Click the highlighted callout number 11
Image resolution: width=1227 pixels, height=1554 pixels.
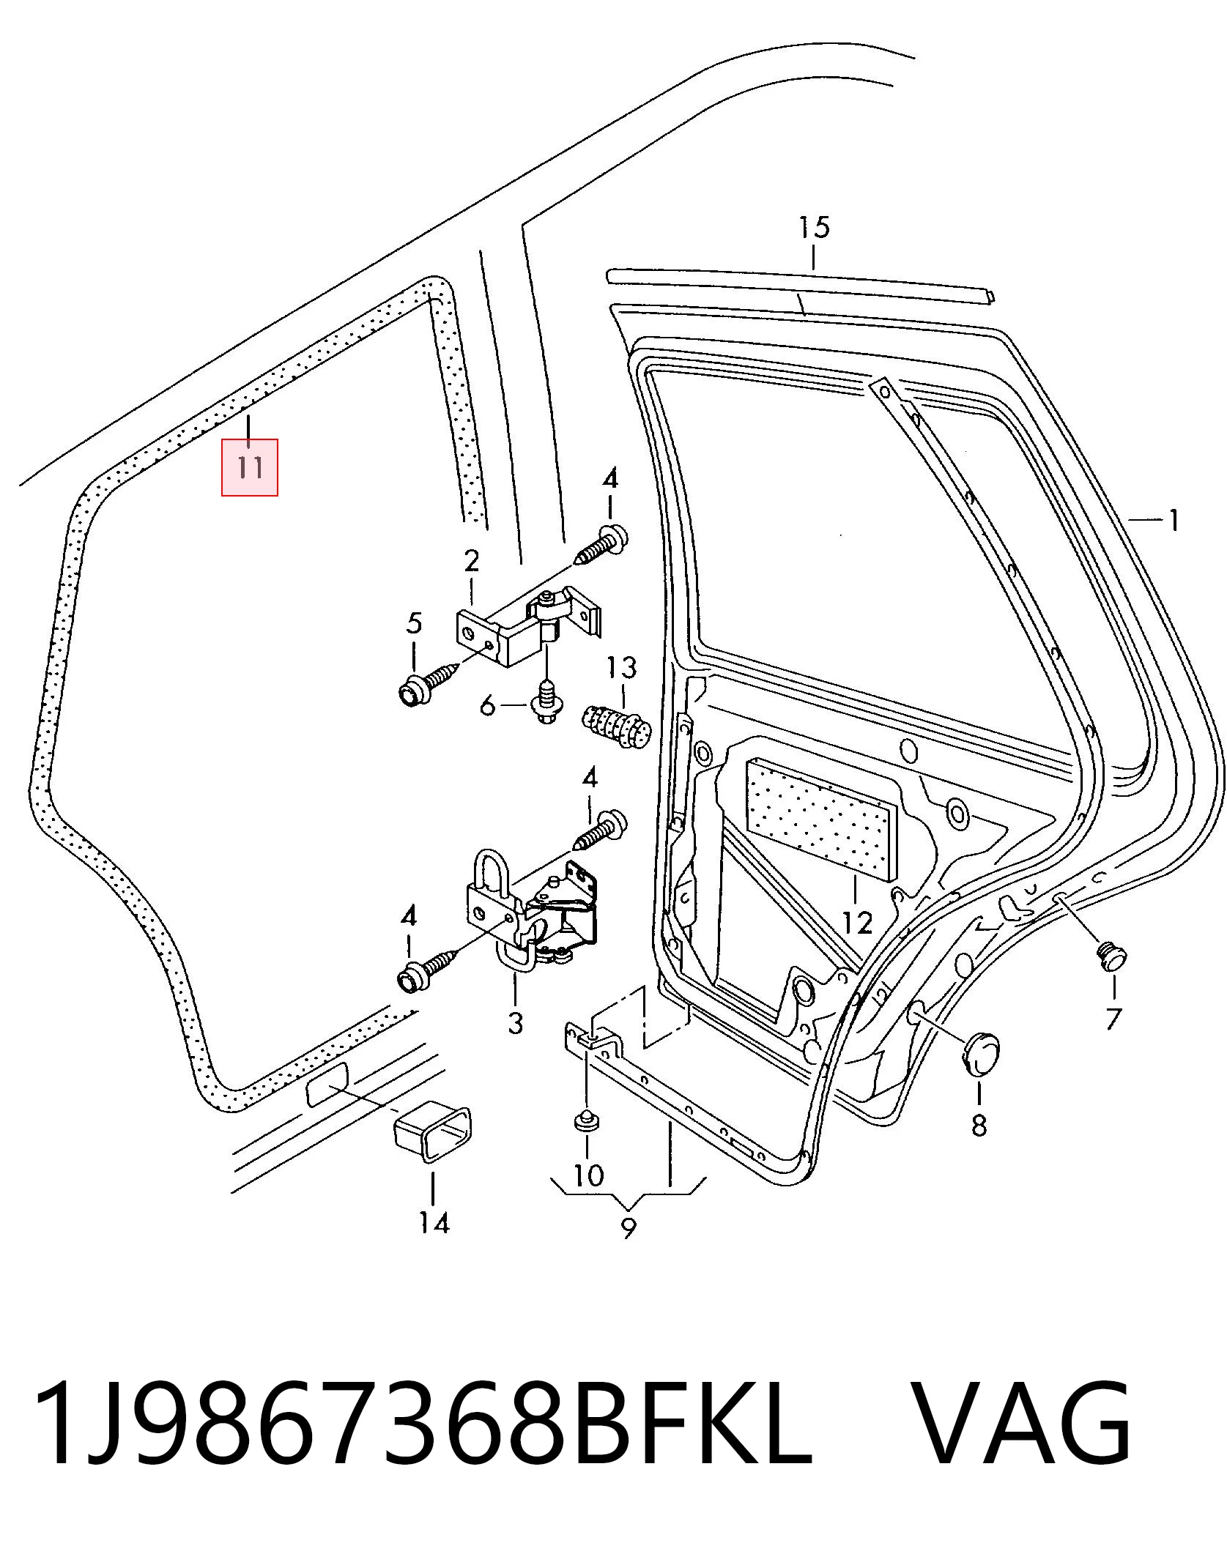(x=250, y=466)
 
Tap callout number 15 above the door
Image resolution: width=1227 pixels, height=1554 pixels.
(x=814, y=227)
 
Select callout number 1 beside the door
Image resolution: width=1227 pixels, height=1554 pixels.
(x=1173, y=521)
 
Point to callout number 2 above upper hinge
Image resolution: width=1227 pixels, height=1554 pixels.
(x=472, y=562)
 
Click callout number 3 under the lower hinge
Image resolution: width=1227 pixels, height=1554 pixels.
(x=515, y=1022)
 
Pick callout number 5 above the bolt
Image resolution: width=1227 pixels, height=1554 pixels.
(x=414, y=624)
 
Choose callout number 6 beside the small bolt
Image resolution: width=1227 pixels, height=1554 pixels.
(x=488, y=707)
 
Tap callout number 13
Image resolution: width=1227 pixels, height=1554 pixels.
(x=621, y=668)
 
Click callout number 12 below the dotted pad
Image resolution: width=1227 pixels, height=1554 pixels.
(x=857, y=923)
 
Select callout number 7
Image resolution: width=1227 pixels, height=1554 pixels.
(x=1113, y=1019)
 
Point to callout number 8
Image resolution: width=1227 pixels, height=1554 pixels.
(x=979, y=1124)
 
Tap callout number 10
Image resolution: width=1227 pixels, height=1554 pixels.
(x=588, y=1175)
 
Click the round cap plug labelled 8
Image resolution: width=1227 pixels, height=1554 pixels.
(x=979, y=1054)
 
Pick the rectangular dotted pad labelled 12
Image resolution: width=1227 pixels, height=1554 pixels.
(x=820, y=820)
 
